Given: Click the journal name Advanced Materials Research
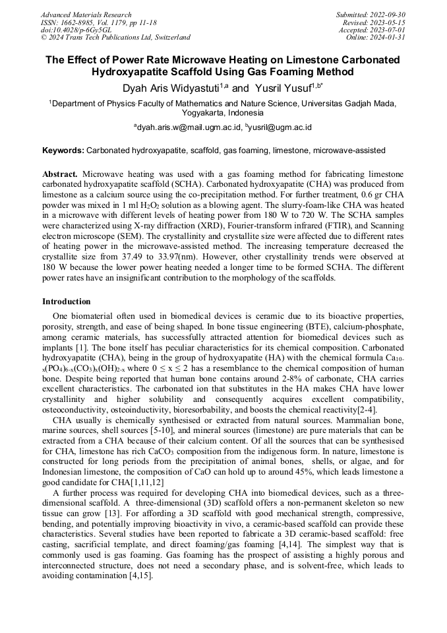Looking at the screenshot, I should click(86, 15).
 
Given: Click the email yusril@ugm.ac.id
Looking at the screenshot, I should click(280, 127).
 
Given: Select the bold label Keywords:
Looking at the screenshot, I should click(63, 150).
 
